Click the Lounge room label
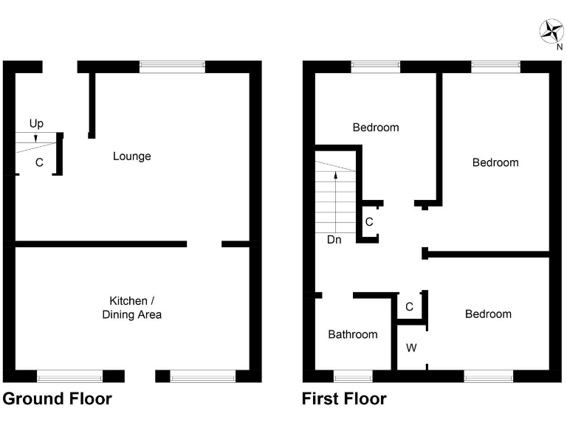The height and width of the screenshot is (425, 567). (132, 156)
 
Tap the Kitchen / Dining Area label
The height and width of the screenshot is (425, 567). (131, 308)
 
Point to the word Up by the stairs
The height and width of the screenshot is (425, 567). (36, 123)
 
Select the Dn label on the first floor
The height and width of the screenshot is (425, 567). (334, 239)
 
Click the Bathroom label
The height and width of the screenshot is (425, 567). (353, 334)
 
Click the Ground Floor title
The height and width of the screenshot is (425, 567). (58, 399)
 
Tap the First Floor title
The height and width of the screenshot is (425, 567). (344, 399)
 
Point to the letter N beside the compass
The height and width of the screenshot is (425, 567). (559, 48)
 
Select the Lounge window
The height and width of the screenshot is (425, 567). (173, 66)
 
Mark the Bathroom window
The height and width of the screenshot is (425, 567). (353, 376)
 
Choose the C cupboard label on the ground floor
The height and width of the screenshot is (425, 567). (39, 162)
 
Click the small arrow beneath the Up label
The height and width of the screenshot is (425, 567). (35, 135)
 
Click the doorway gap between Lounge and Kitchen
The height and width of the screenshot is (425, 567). (204, 243)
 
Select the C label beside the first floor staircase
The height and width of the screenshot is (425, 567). (369, 221)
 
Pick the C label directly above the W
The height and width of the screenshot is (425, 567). (409, 306)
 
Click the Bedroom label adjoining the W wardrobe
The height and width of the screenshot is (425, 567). (488, 314)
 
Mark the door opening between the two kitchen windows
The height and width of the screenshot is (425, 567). (140, 376)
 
